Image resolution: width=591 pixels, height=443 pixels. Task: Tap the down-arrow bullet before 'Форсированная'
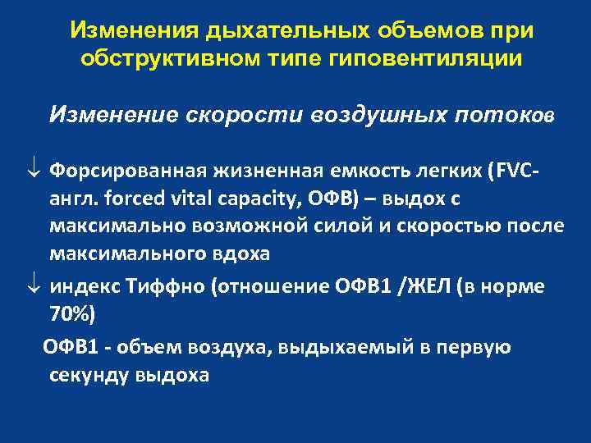[x=33, y=171]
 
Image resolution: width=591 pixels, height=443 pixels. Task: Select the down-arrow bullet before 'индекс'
[x=33, y=287]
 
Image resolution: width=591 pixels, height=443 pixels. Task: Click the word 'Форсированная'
[x=126, y=171]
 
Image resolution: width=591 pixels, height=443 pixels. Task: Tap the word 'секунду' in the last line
[x=87, y=376]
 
